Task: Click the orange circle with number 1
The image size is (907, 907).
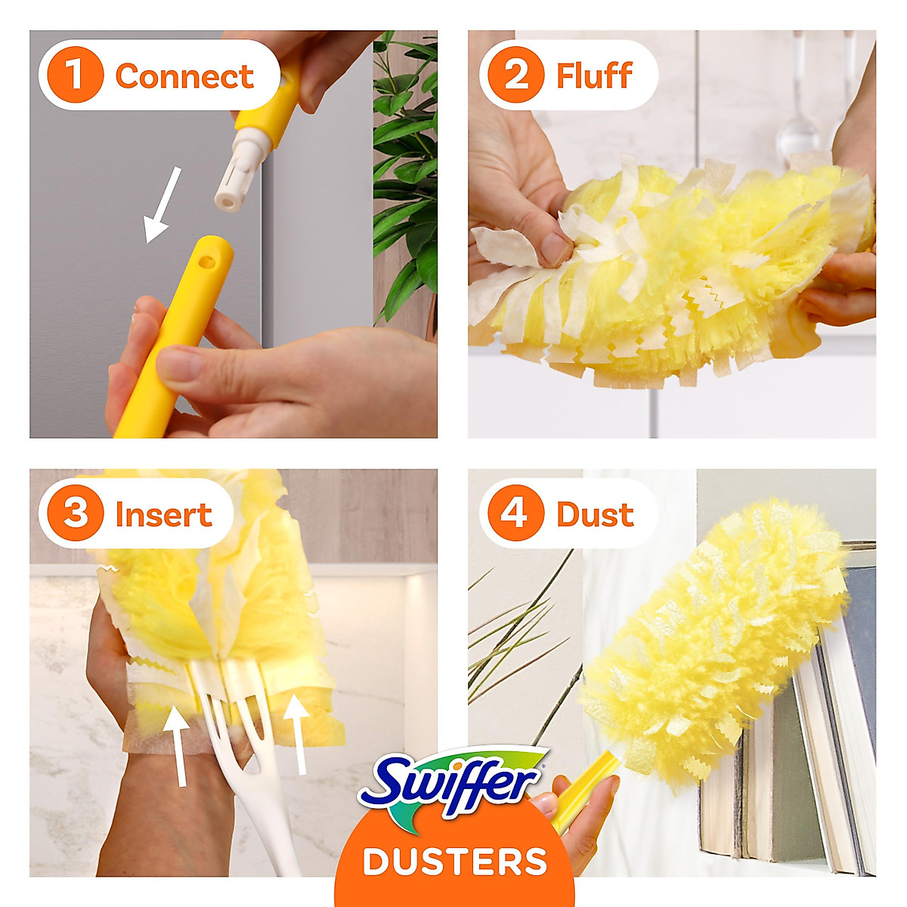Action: pyautogui.click(x=74, y=75)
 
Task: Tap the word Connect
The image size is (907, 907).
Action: pyautogui.click(x=184, y=76)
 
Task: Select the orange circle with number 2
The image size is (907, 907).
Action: pyautogui.click(x=515, y=75)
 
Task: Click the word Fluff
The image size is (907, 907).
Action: pyautogui.click(x=594, y=76)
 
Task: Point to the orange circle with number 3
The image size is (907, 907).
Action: pyautogui.click(x=74, y=513)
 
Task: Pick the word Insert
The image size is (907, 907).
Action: pyautogui.click(x=163, y=515)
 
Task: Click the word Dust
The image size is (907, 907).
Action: pyautogui.click(x=595, y=515)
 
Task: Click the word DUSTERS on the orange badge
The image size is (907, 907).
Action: pyautogui.click(x=454, y=862)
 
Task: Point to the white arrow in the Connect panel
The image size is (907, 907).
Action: pyautogui.click(x=163, y=204)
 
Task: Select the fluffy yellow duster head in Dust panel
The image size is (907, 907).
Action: pyautogui.click(x=714, y=635)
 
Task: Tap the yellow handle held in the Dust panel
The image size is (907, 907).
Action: pyautogui.click(x=586, y=786)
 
